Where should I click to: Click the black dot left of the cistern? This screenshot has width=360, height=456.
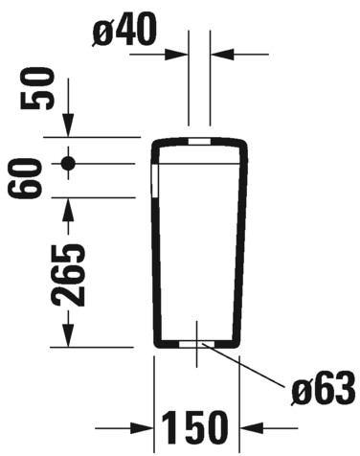(68, 163)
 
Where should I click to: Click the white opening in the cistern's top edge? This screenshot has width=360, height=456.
(199, 143)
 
